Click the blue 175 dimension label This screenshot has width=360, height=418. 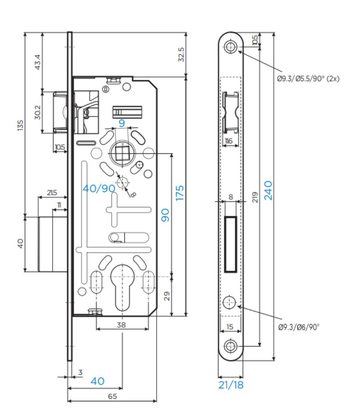pos(180,193)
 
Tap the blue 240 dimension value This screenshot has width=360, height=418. pos(268,190)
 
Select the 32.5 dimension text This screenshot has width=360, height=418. pos(181,54)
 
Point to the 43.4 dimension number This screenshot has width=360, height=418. pos(38,62)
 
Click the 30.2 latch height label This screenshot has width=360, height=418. pos(38,112)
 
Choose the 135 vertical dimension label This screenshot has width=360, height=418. pos(20,125)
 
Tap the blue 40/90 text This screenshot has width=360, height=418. pos(99,189)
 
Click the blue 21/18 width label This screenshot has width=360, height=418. pos(231,385)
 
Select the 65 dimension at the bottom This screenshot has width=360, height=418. pos(112,396)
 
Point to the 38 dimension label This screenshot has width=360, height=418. pos(122,325)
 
